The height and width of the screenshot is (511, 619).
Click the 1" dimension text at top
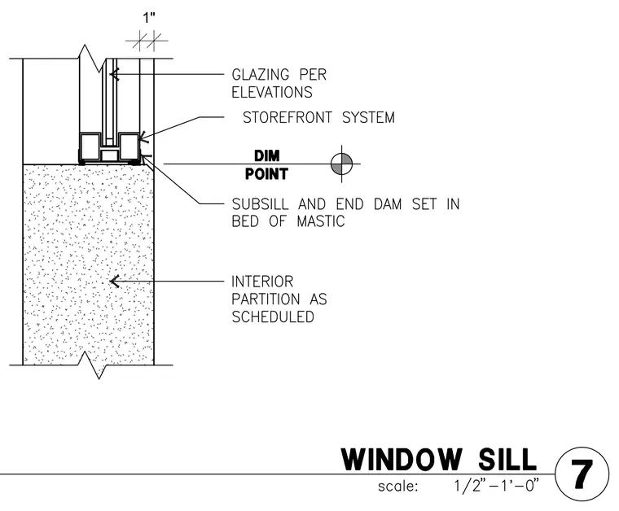pyautogui.click(x=149, y=18)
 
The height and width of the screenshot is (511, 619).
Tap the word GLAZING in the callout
pyautogui.click(x=260, y=75)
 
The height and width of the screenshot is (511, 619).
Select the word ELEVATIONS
pyautogui.click(x=272, y=92)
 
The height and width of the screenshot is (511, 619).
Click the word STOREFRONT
pyautogui.click(x=288, y=117)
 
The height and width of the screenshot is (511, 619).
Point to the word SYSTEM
pyautogui.click(x=368, y=117)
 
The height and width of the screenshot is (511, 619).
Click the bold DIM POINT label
pyautogui.click(x=267, y=165)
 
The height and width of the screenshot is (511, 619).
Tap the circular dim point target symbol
pyautogui.click(x=341, y=164)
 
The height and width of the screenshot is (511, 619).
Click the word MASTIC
pyautogui.click(x=321, y=221)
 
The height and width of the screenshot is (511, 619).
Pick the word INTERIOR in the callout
pyautogui.click(x=262, y=282)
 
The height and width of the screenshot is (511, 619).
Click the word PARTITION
pyautogui.click(x=266, y=299)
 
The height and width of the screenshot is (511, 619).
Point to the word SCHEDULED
pyautogui.click(x=273, y=317)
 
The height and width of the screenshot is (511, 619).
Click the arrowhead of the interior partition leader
pyautogui.click(x=114, y=282)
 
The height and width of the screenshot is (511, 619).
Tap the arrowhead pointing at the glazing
pyautogui.click(x=114, y=74)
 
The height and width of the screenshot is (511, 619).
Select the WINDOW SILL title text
pyautogui.click(x=439, y=460)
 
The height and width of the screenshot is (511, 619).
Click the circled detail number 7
pyautogui.click(x=582, y=474)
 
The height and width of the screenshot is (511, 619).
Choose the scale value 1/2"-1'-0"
pyautogui.click(x=496, y=486)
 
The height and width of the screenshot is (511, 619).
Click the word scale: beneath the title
pyautogui.click(x=397, y=486)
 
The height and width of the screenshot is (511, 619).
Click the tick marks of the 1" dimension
pyautogui.click(x=147, y=41)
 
